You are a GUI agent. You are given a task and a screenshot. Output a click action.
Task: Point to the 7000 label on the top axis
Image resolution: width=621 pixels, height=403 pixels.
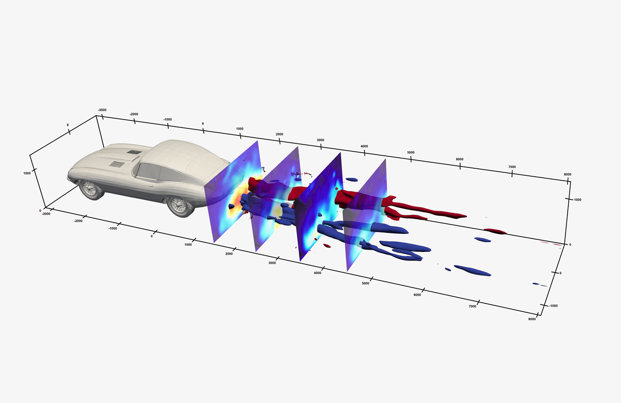[512, 167]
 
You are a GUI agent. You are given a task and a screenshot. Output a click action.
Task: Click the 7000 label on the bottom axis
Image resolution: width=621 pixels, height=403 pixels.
[473, 306]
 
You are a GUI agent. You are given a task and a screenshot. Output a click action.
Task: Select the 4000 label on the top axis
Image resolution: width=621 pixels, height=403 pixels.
[364, 146]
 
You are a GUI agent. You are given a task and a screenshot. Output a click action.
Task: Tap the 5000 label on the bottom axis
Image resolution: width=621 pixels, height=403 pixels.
[365, 283]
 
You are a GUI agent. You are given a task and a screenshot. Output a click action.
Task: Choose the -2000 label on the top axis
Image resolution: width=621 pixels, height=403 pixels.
[134, 114]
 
